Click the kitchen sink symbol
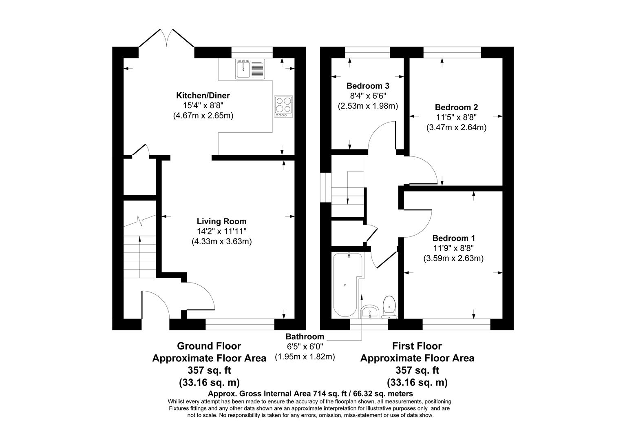tap(250, 69)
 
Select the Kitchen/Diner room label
tap(203, 96)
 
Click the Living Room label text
tap(221, 221)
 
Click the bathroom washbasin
tap(370, 312)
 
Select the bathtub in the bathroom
tap(346, 285)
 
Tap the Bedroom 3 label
tap(368, 86)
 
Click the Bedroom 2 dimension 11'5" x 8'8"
tap(456, 117)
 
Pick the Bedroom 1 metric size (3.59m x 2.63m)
tap(453, 258)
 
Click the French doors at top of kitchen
tap(166, 39)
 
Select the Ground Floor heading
tap(209, 346)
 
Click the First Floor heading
tap(417, 346)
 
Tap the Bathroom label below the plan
tap(305, 336)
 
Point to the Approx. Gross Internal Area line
tap(310, 394)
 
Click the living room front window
tap(240, 324)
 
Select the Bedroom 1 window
tap(456, 324)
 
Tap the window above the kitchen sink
tap(252, 53)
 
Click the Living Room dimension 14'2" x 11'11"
tap(221, 232)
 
